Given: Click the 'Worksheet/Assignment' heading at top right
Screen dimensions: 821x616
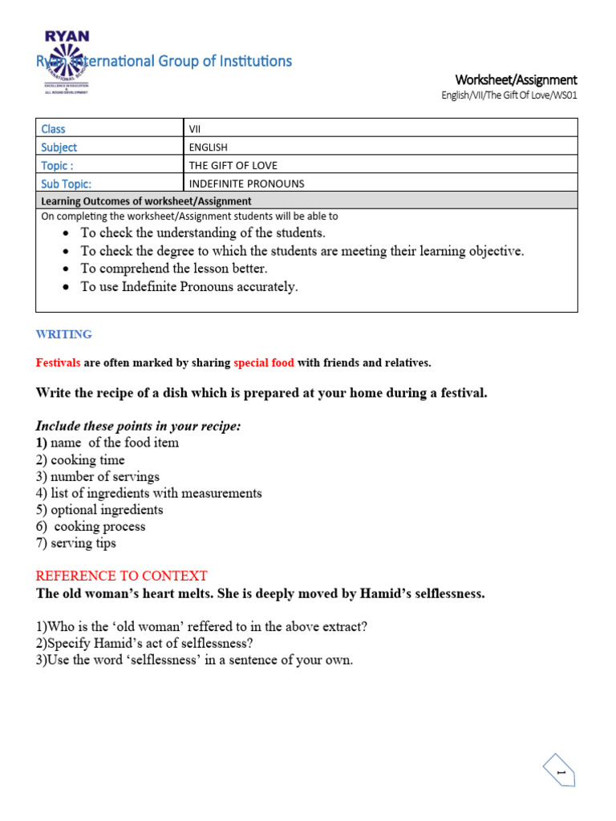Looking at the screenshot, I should click(x=516, y=79).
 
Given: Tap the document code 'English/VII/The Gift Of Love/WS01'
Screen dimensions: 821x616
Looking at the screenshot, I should click(x=509, y=95).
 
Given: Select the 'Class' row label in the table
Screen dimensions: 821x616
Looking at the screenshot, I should click(x=53, y=128).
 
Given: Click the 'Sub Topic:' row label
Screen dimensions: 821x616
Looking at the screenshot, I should click(x=66, y=184).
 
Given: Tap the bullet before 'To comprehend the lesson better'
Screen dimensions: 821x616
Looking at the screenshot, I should click(x=65, y=269).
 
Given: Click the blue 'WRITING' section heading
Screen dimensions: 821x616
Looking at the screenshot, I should click(x=64, y=334).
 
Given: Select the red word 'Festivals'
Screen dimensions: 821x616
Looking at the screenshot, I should click(x=58, y=363).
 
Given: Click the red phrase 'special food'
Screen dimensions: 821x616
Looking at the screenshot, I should click(x=264, y=363).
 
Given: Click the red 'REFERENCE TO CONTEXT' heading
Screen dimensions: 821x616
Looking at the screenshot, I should click(x=122, y=576).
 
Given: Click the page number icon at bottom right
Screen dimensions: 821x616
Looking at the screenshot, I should click(x=561, y=773).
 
